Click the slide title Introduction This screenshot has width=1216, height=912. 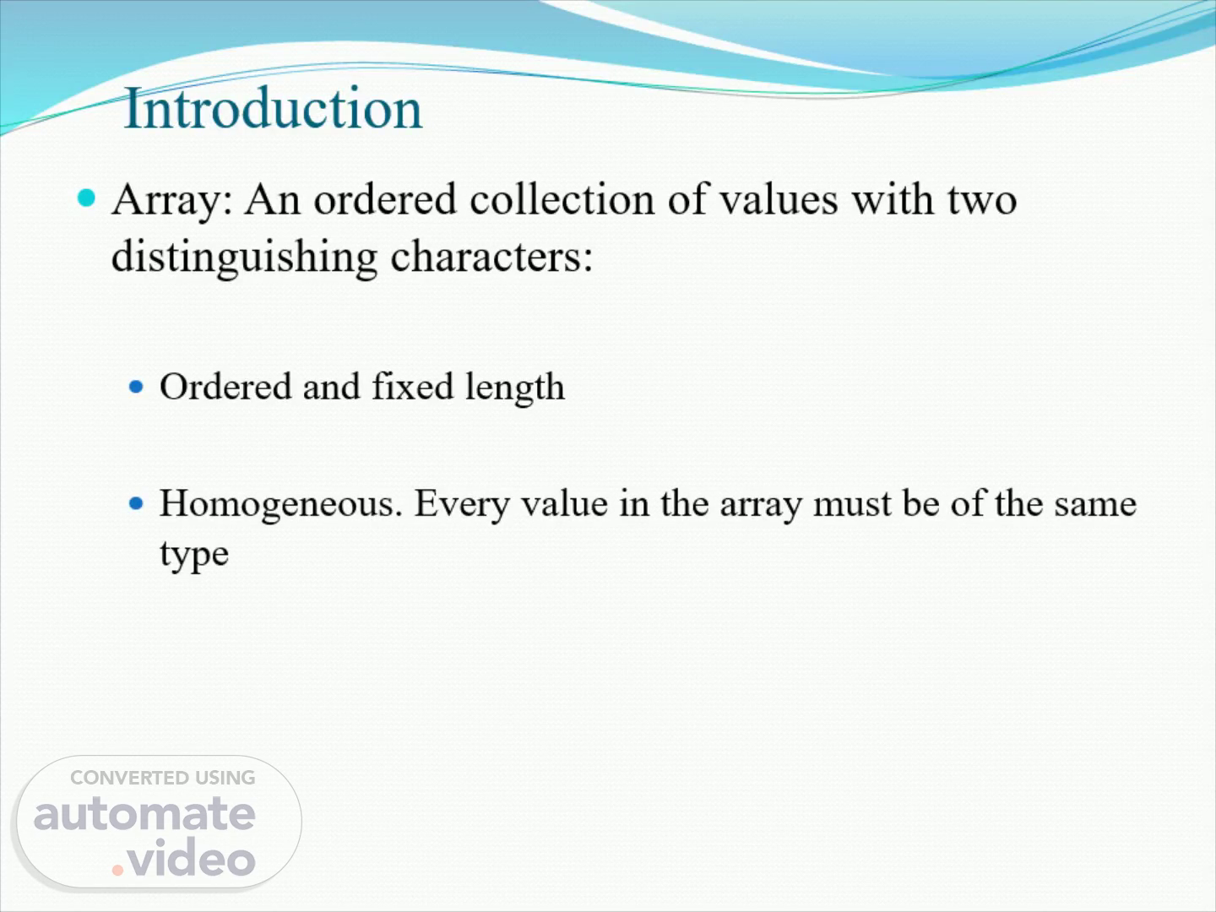273,109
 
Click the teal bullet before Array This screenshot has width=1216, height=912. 86,198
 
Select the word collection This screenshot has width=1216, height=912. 562,199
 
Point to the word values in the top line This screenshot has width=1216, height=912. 779,199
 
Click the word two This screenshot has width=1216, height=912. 982,200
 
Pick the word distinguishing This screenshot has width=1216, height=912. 244,258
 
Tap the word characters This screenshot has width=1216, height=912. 491,258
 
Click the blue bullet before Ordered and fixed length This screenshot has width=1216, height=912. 136,386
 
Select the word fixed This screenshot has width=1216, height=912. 412,386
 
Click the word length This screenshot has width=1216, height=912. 514,388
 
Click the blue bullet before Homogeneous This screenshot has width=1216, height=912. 136,503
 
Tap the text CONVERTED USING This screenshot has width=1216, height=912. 163,778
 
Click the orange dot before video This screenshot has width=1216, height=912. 117,870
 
